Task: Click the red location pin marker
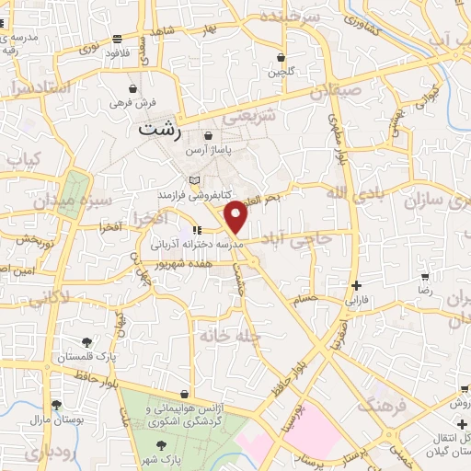click(x=237, y=216)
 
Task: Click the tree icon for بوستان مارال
click(x=56, y=405)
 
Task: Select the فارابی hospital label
click(x=356, y=299)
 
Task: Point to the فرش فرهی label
click(x=129, y=104)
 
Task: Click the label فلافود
click(x=116, y=52)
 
